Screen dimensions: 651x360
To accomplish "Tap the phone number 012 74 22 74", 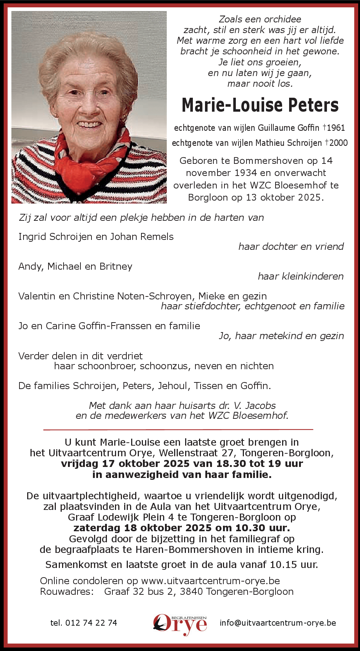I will (91, 623).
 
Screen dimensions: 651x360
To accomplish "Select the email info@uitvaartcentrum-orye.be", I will (278, 623).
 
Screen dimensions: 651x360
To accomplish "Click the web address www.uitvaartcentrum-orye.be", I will (210, 581).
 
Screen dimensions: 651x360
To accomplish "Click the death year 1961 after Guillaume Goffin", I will (336, 128).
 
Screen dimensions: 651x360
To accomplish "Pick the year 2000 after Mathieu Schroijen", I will (338, 143).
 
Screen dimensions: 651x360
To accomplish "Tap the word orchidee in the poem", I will (281, 19).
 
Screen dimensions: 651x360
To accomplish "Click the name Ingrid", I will (32, 237).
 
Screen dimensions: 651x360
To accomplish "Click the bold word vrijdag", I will (80, 464).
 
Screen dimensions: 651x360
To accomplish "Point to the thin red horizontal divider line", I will (178, 429).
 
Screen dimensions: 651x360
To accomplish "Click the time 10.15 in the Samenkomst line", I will (282, 565).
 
